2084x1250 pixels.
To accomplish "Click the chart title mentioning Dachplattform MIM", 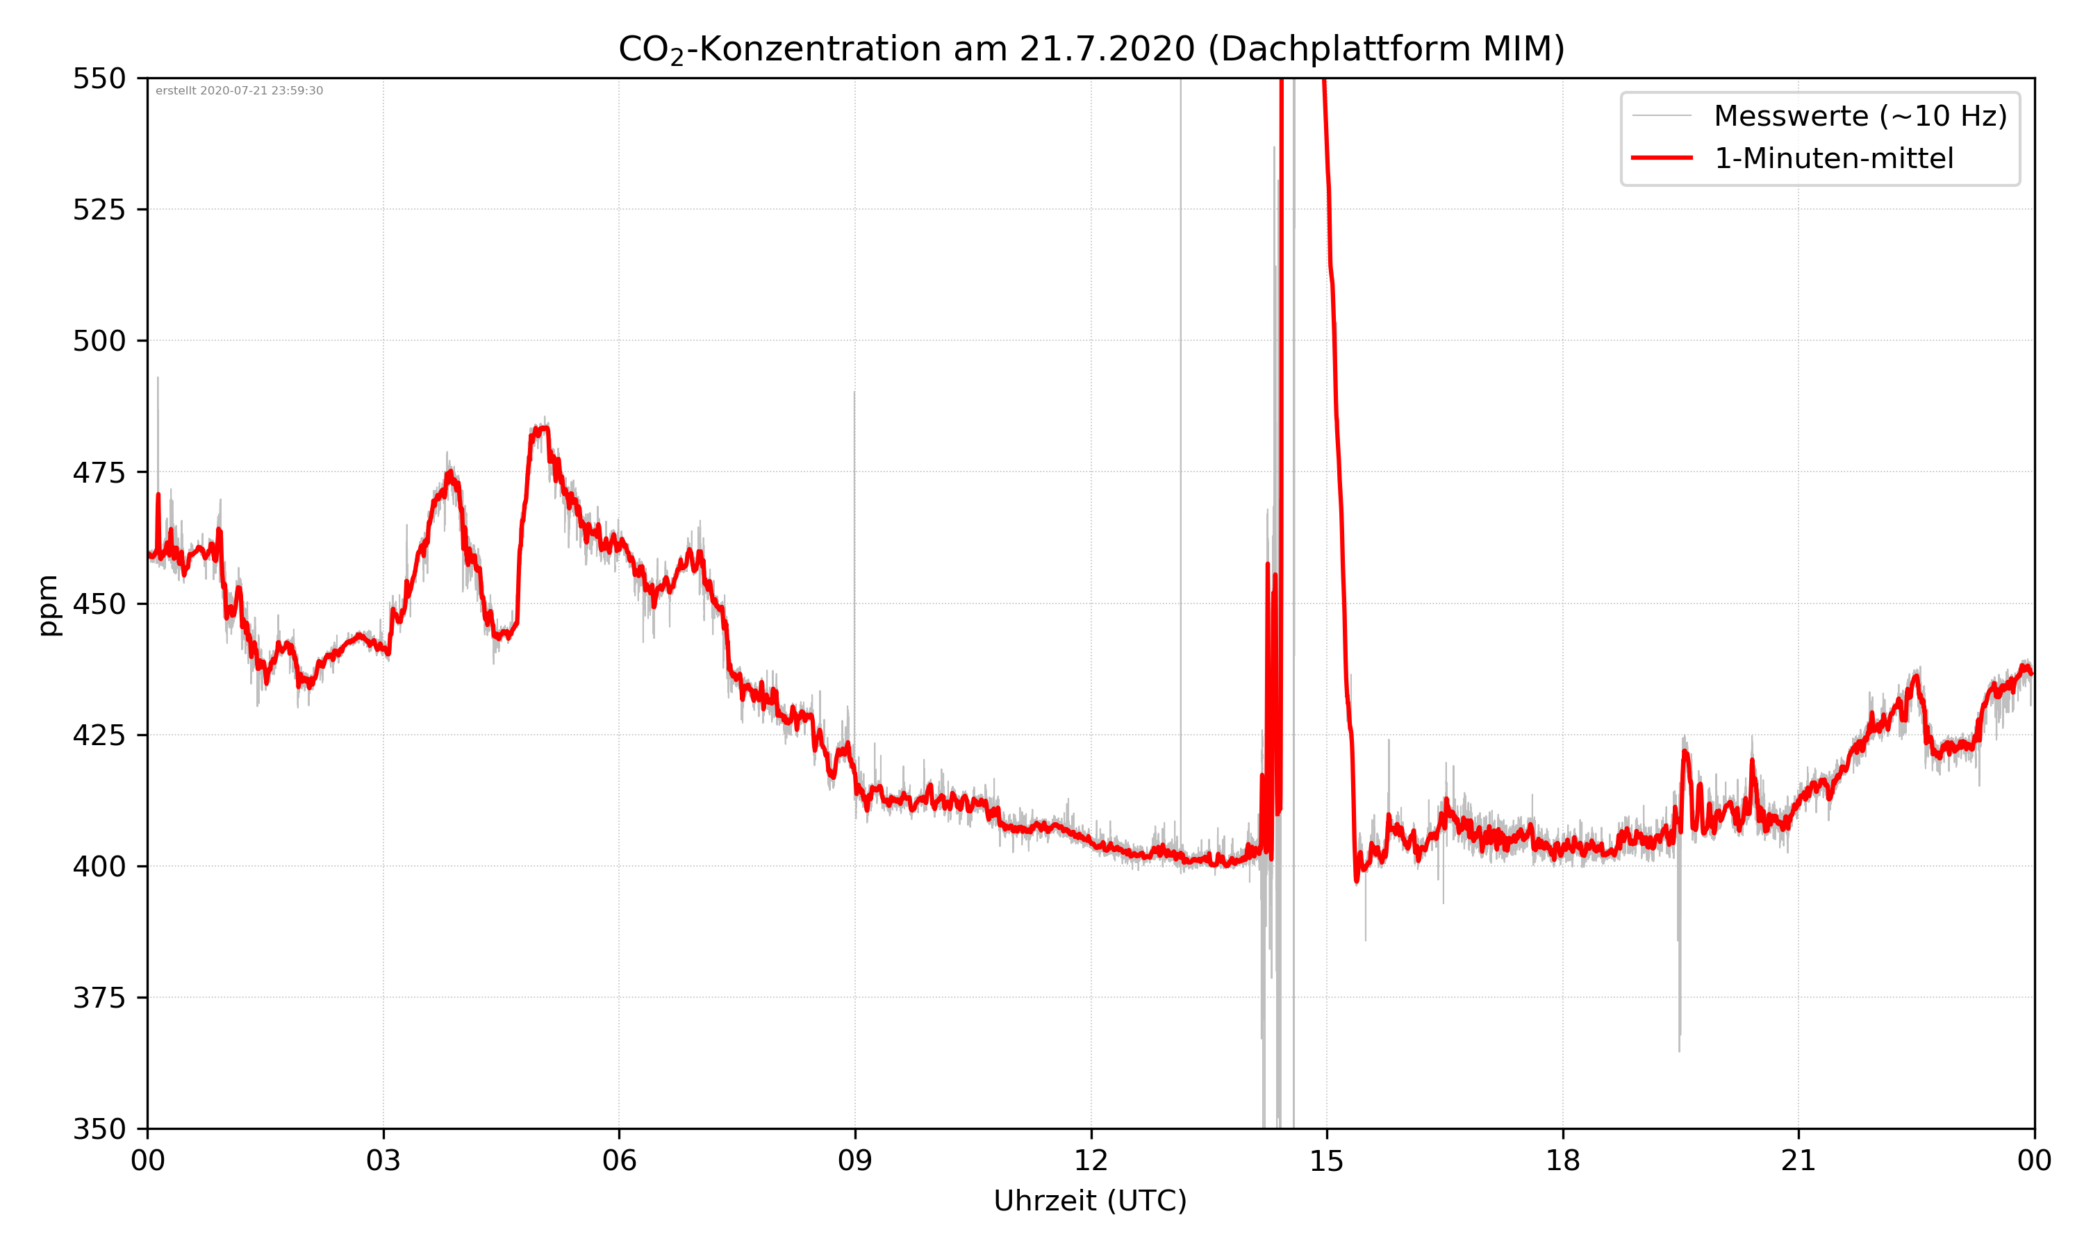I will point(1091,49).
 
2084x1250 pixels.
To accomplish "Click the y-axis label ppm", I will point(49,605).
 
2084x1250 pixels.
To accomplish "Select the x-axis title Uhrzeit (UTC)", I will point(1090,1200).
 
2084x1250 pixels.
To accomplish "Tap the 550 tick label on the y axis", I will point(99,78).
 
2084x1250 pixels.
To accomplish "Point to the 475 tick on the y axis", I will point(99,472).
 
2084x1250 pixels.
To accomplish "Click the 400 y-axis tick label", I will point(99,867).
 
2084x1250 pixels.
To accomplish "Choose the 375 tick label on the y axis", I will point(99,998).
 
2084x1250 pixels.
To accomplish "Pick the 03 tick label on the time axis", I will point(383,1160).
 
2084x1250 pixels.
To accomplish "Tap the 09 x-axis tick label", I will point(855,1160).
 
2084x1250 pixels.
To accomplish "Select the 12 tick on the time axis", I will point(1091,1160).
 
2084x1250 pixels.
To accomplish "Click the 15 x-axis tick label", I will point(1327,1160).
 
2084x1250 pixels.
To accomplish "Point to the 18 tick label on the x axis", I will point(1562,1160).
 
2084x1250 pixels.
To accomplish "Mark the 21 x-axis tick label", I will point(1798,1160).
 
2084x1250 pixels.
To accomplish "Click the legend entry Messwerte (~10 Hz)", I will point(1860,115).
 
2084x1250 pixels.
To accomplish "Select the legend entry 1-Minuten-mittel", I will point(1833,158).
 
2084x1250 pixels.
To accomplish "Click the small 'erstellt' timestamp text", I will point(239,91).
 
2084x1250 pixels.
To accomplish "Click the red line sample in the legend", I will point(1661,158).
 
